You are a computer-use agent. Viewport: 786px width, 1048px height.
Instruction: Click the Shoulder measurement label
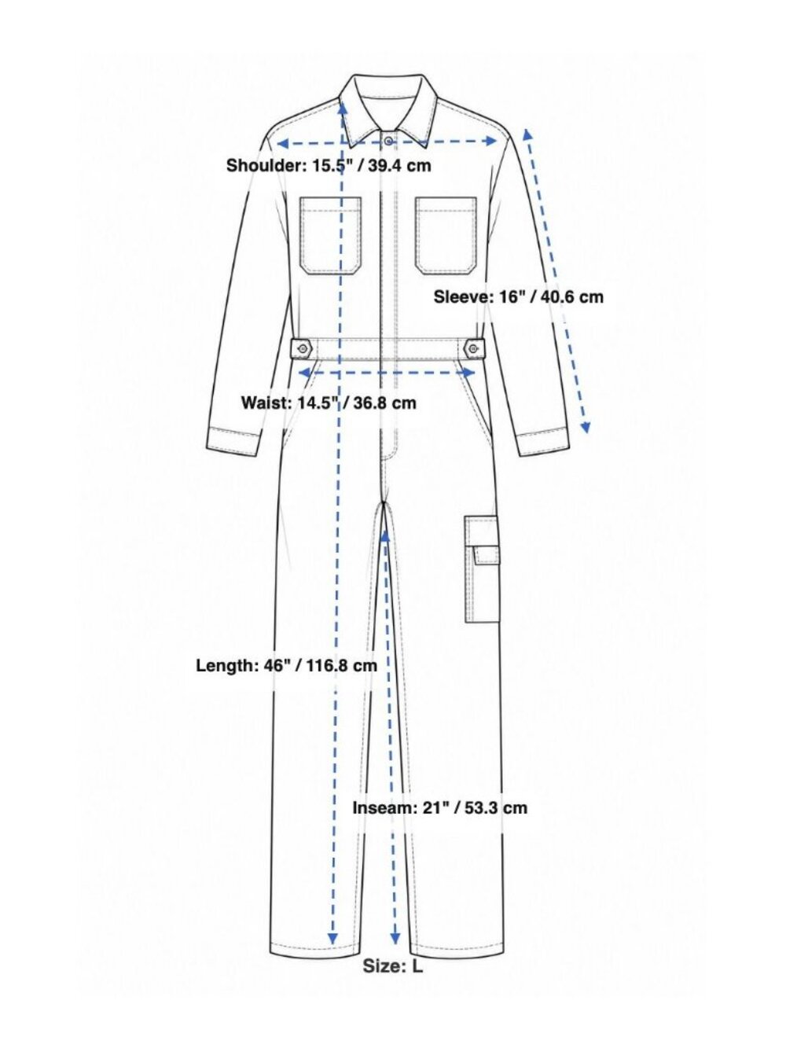329,165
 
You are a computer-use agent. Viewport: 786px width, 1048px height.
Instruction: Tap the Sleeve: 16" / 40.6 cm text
518,297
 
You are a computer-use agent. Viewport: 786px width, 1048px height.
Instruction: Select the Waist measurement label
329,403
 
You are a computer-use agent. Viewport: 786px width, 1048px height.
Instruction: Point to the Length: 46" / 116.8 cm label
286,666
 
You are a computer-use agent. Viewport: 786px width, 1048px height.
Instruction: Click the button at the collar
389,141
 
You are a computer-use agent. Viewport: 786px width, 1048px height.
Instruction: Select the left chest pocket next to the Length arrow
331,237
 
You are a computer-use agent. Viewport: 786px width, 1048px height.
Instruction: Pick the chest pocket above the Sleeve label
446,237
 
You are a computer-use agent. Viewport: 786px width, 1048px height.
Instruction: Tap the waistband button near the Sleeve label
473,348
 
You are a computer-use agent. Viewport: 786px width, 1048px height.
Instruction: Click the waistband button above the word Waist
303,348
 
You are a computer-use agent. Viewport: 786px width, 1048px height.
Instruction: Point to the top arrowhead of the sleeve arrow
527,134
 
